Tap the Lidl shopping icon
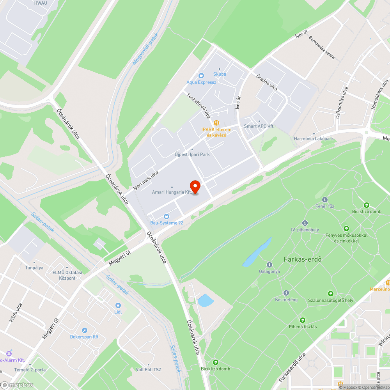pyautogui.click(x=118, y=305)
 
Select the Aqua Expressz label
pyautogui.click(x=201, y=82)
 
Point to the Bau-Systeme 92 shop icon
pyautogui.click(x=167, y=216)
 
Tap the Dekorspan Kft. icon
pyautogui.click(x=85, y=330)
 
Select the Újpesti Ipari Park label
pyautogui.click(x=192, y=154)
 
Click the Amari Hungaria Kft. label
pyautogui.click(x=172, y=192)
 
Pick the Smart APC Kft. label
pyautogui.click(x=259, y=126)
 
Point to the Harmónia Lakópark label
pyautogui.click(x=314, y=139)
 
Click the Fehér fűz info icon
pyautogui.click(x=325, y=199)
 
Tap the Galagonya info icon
pyautogui.click(x=269, y=265)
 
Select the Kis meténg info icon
pyautogui.click(x=286, y=293)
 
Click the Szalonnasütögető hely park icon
pyautogui.click(x=330, y=294)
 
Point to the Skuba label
pyautogui.click(x=220, y=74)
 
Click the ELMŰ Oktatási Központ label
pyautogui.click(x=67, y=275)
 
